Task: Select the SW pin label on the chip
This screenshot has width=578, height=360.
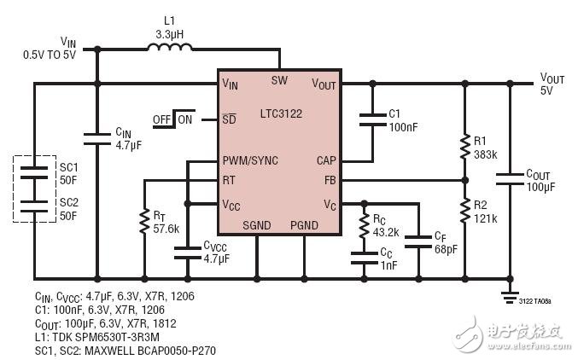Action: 279,80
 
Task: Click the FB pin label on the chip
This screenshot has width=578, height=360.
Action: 329,180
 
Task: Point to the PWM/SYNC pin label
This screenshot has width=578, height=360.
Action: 250,160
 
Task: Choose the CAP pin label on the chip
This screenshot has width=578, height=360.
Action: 326,160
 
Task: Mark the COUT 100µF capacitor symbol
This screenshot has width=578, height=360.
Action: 510,180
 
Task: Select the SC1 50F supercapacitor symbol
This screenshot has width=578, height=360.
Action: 35,171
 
